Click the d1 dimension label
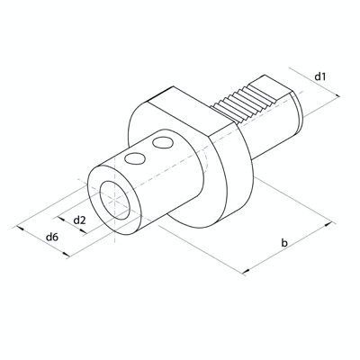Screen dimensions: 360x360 [320, 77]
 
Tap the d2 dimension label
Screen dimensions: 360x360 [80, 219]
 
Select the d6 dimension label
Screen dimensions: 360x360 [52, 237]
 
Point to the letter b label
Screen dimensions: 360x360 [284, 242]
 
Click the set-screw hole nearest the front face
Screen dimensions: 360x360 [135, 159]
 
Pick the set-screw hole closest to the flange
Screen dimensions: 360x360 [162, 144]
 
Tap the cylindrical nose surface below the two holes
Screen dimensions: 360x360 [153, 193]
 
